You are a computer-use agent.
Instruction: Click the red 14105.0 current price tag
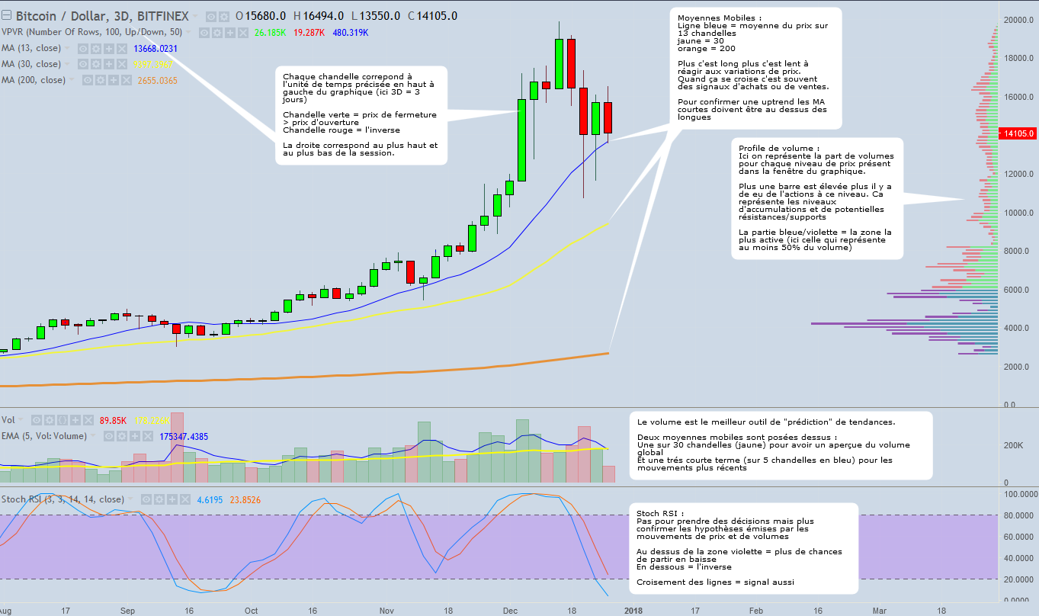[x=1018, y=133]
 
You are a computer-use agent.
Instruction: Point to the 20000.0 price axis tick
[x=1018, y=20]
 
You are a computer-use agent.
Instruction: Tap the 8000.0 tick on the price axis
[x=1018, y=251]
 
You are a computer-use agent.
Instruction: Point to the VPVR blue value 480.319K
[x=351, y=33]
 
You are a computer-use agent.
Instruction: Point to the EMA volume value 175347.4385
[x=184, y=437]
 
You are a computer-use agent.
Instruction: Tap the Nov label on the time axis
[x=386, y=610]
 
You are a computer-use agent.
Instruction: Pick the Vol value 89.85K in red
[x=113, y=420]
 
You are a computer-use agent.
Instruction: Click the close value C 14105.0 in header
[x=432, y=16]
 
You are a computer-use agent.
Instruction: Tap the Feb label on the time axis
[x=755, y=610]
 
